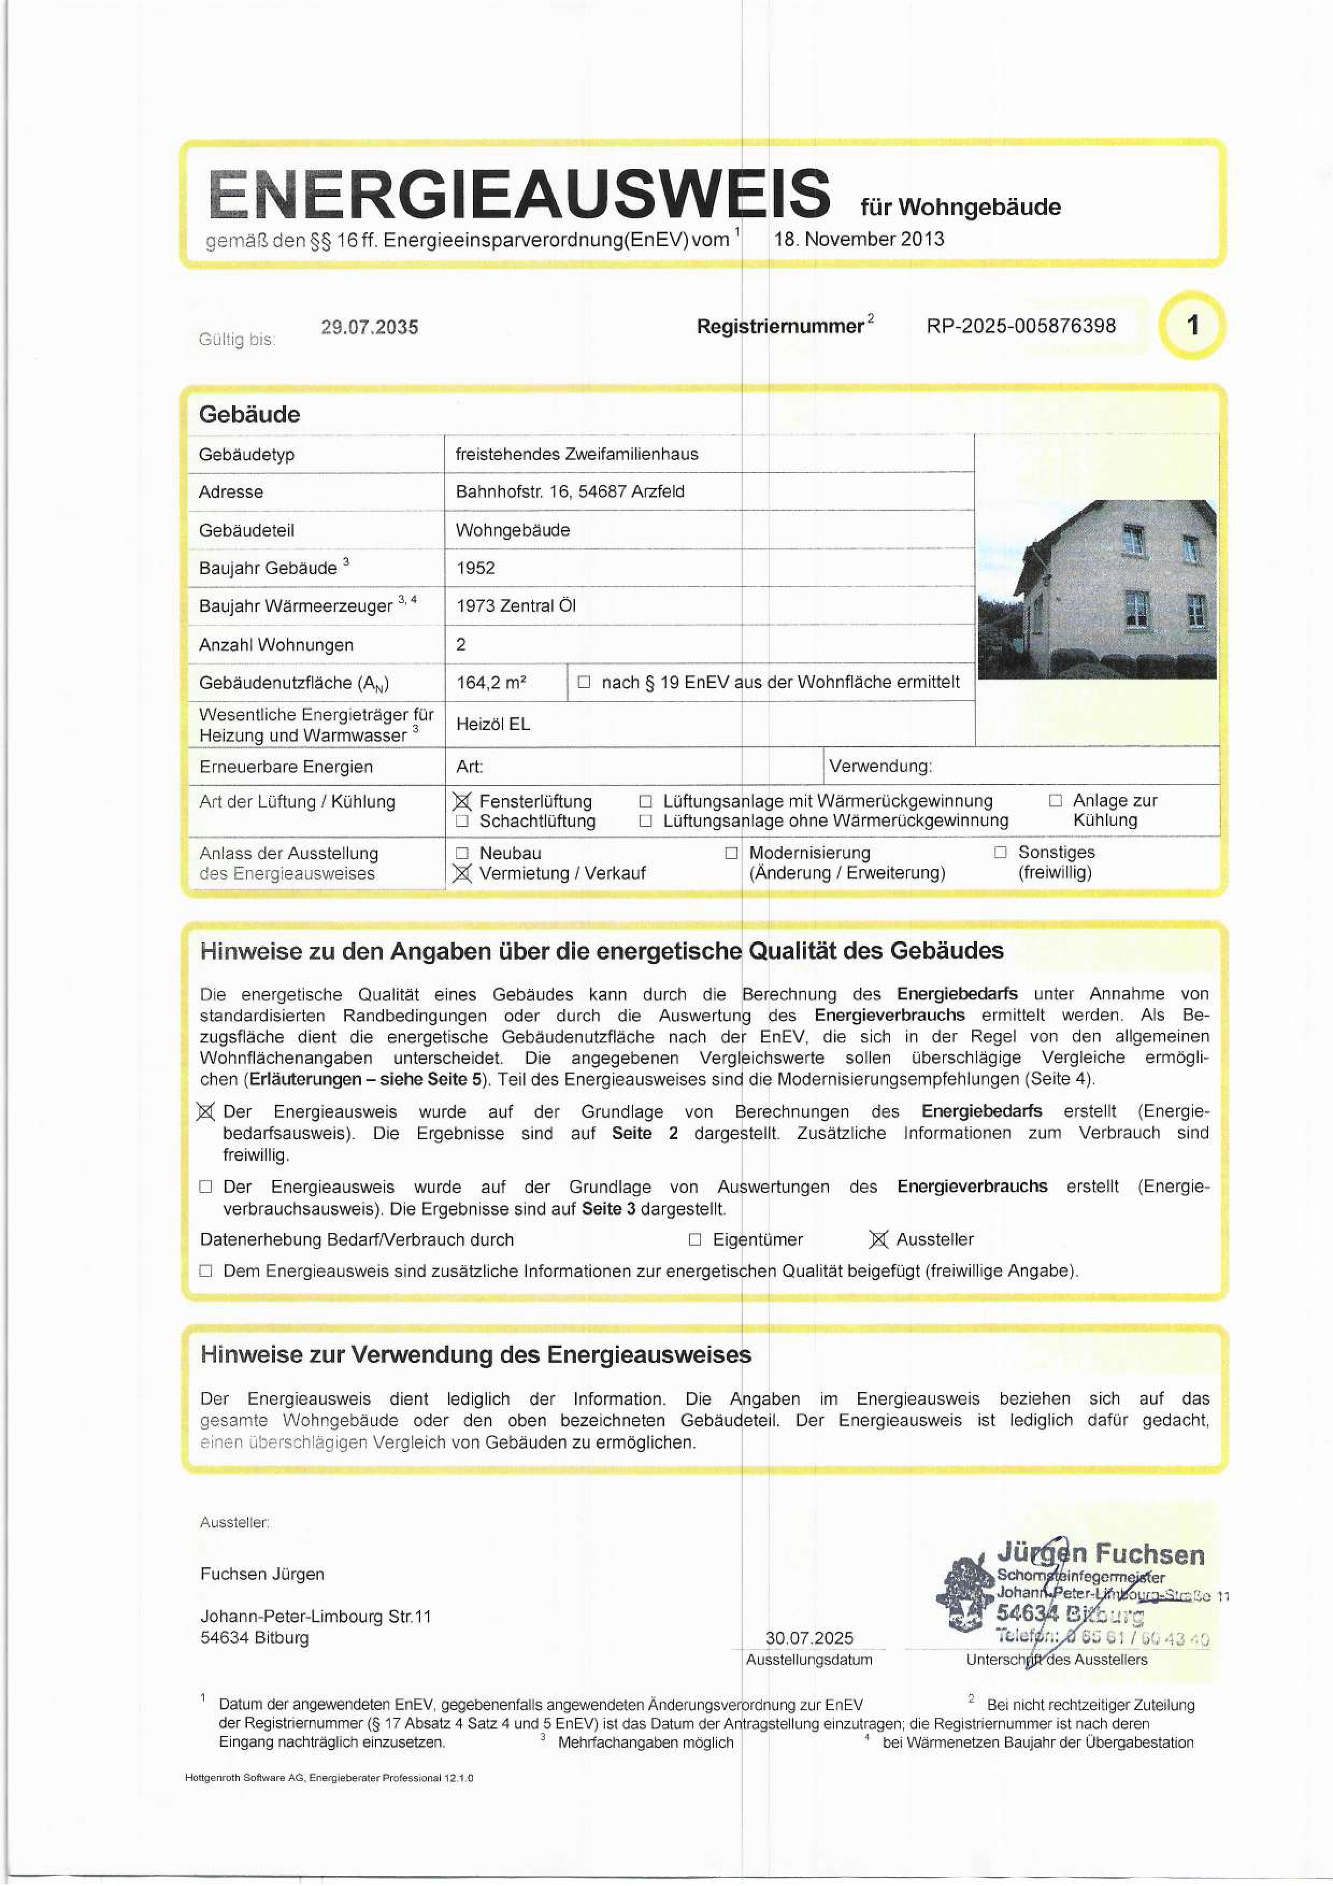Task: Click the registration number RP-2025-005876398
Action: point(1020,326)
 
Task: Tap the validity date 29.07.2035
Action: point(370,327)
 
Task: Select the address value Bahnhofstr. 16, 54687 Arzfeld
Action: point(569,491)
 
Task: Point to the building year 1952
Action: point(476,568)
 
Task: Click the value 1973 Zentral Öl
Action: point(516,605)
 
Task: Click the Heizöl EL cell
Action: point(493,724)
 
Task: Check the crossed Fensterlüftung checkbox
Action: point(462,801)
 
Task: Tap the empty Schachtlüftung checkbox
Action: point(462,820)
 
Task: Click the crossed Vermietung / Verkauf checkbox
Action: point(462,873)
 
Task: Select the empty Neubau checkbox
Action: point(462,853)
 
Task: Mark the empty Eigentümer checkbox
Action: point(695,1240)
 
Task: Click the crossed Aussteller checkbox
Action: point(878,1240)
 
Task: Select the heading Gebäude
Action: point(250,414)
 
